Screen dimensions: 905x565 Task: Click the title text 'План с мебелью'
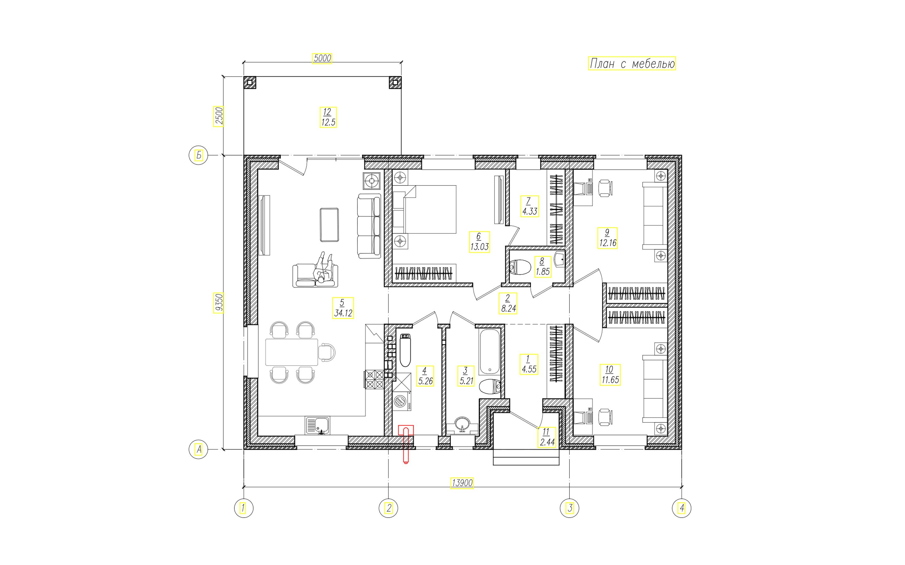click(632, 63)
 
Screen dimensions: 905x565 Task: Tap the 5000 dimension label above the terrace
click(322, 58)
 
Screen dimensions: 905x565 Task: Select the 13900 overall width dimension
click(462, 483)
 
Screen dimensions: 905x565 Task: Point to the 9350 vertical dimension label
click(219, 303)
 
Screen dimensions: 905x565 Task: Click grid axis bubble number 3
click(569, 508)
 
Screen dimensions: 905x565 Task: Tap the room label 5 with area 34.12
click(343, 308)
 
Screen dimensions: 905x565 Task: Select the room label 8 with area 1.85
click(542, 266)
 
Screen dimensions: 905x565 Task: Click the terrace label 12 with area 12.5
click(328, 117)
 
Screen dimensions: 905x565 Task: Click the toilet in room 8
click(520, 267)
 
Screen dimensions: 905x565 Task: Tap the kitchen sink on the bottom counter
click(317, 426)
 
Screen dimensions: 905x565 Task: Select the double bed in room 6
click(425, 209)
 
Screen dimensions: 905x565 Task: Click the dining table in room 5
click(292, 352)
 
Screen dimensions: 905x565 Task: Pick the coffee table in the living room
click(329, 225)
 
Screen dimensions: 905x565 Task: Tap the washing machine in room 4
click(402, 401)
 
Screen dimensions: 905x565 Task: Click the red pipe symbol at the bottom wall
click(406, 444)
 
